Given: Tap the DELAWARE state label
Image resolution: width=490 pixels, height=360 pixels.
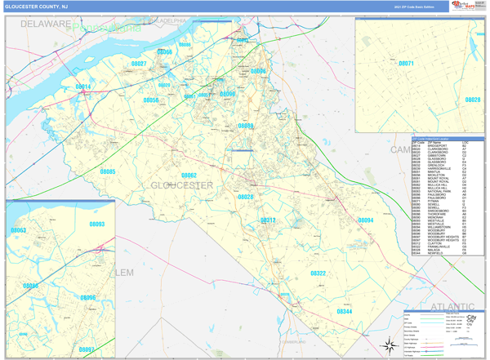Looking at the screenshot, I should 47,24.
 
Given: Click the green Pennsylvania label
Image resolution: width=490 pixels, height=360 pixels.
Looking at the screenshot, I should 106,28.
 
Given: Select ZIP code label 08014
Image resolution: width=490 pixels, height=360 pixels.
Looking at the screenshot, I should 84,87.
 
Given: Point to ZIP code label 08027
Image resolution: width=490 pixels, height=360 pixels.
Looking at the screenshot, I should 139,64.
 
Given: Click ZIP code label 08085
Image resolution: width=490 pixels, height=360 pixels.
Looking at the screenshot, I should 108,172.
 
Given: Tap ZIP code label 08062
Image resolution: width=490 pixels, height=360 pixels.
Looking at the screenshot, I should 189,176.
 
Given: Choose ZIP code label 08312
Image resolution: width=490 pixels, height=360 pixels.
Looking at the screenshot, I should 268,220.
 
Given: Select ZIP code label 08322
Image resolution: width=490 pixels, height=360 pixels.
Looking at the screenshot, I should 318,273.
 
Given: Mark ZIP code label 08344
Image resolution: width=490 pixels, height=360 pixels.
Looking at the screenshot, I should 345,311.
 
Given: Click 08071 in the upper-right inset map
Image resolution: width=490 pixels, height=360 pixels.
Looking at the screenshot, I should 406,64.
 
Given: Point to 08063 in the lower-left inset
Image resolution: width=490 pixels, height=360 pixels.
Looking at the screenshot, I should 18,231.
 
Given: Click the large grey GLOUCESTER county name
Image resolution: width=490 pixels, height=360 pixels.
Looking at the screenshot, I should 181,186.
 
